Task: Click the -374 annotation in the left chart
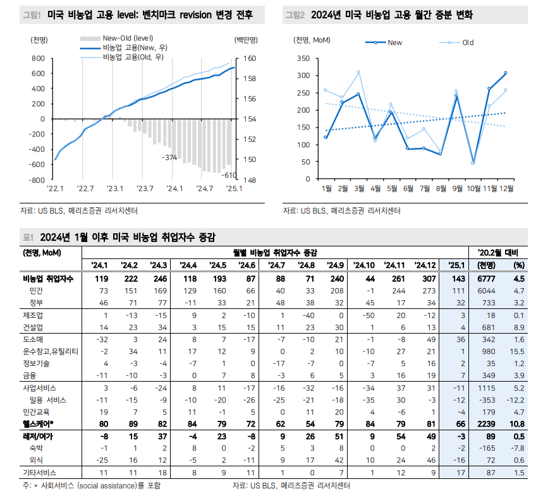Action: (x=169, y=157)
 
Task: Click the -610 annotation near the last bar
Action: (x=229, y=175)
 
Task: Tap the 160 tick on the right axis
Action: (x=249, y=59)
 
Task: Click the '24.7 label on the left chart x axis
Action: (x=204, y=188)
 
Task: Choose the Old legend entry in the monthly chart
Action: (x=468, y=43)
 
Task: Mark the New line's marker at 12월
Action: (x=505, y=73)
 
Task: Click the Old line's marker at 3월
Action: (x=358, y=72)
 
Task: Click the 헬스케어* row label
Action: (x=39, y=423)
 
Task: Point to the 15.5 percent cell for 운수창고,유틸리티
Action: (x=519, y=351)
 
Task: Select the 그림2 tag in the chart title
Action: (x=295, y=15)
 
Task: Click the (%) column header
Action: (x=519, y=265)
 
